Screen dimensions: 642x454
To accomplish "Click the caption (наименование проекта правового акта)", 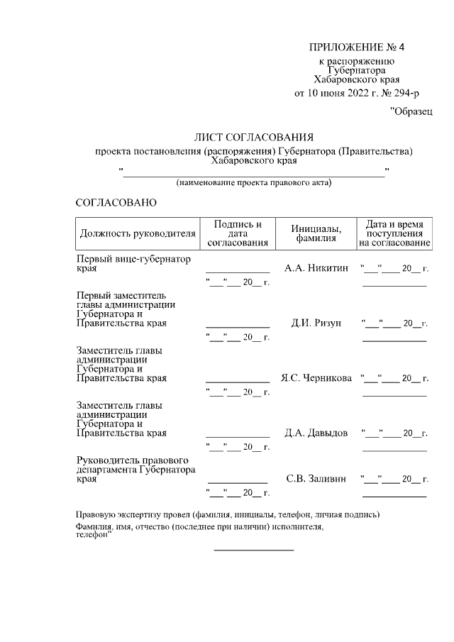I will click(254, 183).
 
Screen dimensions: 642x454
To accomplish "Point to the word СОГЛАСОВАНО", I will click(116, 203).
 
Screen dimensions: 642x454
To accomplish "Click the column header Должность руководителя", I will click(138, 233).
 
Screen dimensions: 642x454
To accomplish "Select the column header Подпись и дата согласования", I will click(237, 233).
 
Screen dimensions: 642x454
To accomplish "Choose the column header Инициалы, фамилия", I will click(316, 233).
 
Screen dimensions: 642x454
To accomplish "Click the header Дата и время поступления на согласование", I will click(394, 233).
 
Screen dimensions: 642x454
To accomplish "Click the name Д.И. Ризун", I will click(316, 323).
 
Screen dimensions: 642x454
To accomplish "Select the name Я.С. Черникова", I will click(316, 378).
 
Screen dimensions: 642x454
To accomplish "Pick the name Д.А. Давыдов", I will click(316, 433).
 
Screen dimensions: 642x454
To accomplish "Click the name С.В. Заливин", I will click(316, 479).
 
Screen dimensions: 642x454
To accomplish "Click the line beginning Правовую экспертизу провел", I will click(228, 514).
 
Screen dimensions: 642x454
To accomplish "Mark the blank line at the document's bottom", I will click(254, 550).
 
